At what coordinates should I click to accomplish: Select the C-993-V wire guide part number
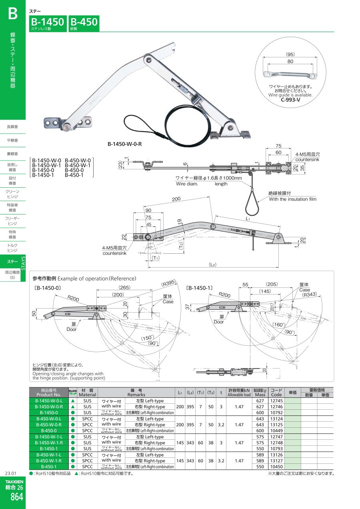pos(290,100)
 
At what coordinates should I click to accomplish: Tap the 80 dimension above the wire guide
pos(290,62)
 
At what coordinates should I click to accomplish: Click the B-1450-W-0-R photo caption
pos(124,144)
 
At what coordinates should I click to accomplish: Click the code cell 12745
pos(276,401)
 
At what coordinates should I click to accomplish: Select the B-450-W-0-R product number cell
pos(49,425)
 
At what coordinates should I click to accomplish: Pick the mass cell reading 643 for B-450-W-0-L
pos(260,419)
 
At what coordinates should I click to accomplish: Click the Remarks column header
pos(136,392)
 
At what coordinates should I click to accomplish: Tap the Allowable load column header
pos(239,392)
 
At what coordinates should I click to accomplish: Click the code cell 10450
pos(276,467)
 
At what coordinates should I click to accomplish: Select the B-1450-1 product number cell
pos(49,449)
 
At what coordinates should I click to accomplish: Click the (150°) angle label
pos(148,338)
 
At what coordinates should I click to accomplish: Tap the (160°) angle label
pos(279,325)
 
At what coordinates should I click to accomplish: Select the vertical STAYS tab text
pos(23,263)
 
